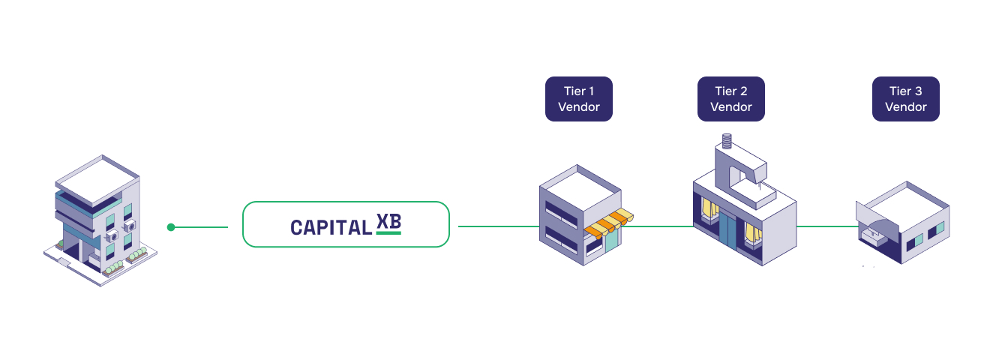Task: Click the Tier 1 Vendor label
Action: coord(578,99)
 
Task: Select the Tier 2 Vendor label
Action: coord(730,99)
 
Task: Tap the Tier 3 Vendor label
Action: coord(905,99)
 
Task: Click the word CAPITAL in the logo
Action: coord(330,227)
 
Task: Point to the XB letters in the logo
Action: coord(388,223)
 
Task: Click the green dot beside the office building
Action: coord(171,226)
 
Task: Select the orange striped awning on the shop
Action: coord(609,223)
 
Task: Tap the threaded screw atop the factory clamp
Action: coord(726,140)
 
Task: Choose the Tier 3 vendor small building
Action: coord(904,225)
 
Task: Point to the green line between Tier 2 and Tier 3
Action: coord(825,226)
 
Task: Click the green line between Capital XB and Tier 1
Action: coord(499,226)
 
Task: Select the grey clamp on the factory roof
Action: coord(739,169)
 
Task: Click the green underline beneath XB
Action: coord(388,233)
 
